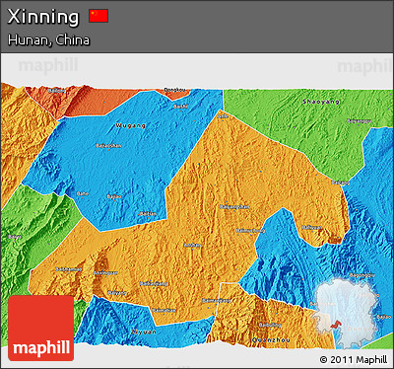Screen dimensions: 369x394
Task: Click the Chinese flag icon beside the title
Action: coord(98,16)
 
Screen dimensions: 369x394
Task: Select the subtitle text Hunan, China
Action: coord(48,40)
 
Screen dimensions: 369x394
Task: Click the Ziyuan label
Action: coord(146,332)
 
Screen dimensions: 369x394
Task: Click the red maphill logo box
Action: coord(40,329)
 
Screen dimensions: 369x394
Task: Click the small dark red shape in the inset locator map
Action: coord(338,324)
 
